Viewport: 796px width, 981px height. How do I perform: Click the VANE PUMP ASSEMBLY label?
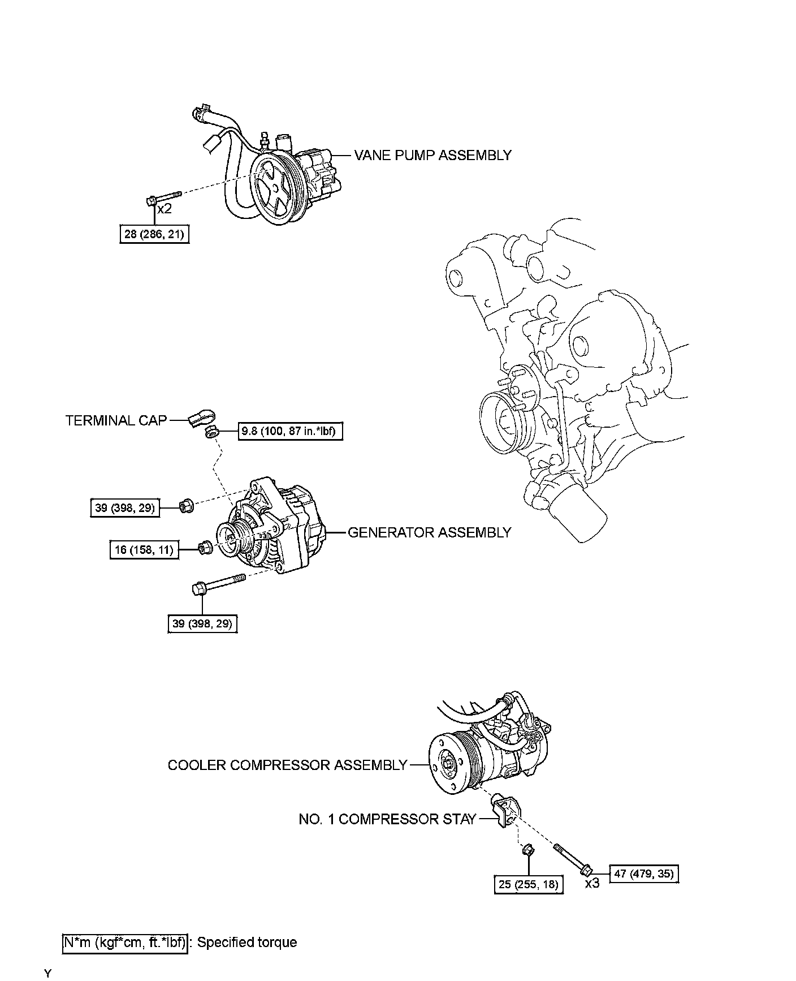[432, 156]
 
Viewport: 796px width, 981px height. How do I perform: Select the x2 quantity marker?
[164, 209]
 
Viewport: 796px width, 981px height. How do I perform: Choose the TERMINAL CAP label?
[116, 420]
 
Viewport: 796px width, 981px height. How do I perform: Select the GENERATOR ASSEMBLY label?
[429, 532]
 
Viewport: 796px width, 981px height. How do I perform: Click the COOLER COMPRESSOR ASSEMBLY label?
[287, 765]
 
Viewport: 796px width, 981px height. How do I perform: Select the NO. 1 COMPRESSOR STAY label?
[387, 819]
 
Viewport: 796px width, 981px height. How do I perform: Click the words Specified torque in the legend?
[247, 943]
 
